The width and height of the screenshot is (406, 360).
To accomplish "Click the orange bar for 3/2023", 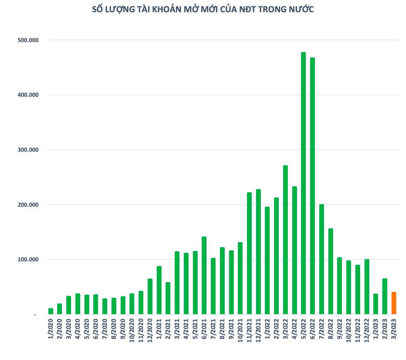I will tap(394, 303).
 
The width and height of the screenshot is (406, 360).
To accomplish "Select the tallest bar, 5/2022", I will tap(303, 183).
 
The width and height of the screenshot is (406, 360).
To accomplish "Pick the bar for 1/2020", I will tap(51, 311).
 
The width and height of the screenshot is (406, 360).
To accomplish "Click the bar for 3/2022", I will tap(285, 240).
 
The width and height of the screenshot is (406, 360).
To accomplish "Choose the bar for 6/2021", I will tap(204, 275).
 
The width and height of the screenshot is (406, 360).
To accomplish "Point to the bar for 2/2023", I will tap(385, 296).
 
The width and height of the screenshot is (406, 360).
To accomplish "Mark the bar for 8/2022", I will tap(331, 271).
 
